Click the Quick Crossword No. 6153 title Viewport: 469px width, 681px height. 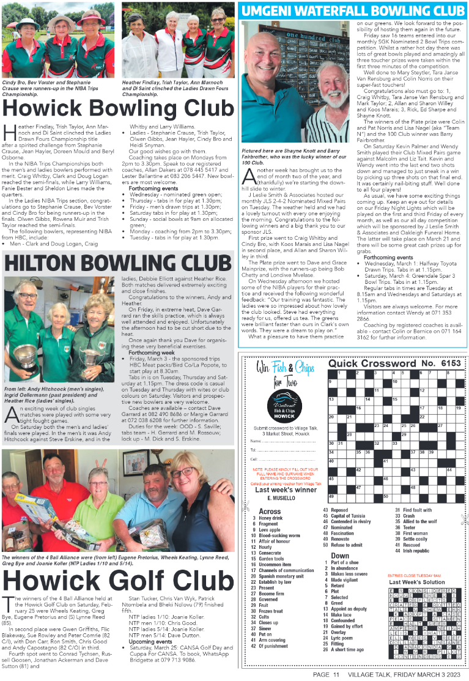coord(394,363)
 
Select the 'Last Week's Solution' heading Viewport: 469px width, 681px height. coord(416,582)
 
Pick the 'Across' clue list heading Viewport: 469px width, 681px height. coord(270,511)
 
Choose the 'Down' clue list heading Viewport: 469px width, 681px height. coord(340,556)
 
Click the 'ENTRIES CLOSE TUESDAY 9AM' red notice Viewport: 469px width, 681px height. coord(414,576)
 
